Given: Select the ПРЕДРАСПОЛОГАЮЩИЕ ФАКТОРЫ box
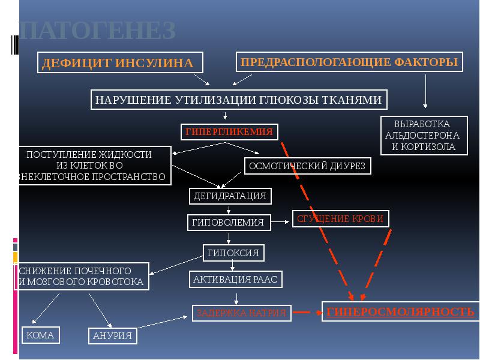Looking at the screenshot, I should pos(350,62).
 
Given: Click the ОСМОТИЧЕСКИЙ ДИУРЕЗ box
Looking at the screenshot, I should pos(307,165).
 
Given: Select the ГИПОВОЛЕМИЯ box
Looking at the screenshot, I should pos(229,223).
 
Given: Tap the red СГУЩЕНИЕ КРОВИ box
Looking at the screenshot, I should pos(340,219).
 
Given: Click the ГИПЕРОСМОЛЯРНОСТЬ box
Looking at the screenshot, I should pos(400,311).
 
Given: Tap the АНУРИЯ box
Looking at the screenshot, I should pos(113,336).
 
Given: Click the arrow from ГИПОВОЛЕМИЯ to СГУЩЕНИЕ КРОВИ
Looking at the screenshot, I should pos(280,222).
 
